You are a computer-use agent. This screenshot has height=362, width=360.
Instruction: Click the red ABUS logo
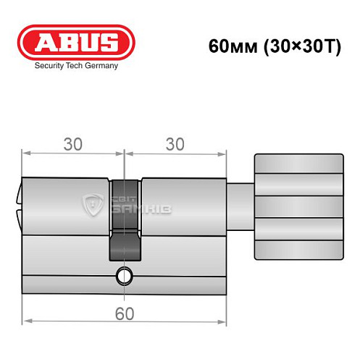point(76,42)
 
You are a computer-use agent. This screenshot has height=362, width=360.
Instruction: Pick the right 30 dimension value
point(174,144)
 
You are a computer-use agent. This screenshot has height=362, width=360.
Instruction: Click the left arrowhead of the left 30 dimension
point(25,152)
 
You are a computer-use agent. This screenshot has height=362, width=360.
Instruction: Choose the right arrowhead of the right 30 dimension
point(222,152)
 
